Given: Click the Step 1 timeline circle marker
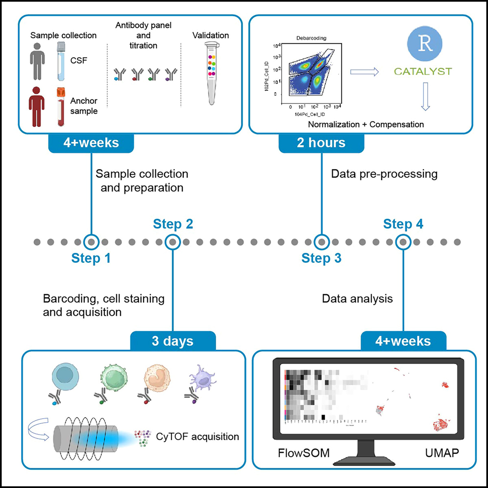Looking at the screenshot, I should tap(91, 242).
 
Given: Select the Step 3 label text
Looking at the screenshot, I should tap(321, 258).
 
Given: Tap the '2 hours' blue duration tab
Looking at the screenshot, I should tap(321, 143).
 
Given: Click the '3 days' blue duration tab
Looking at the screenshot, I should tap(172, 341).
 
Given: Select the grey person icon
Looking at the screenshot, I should tap(37, 60).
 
